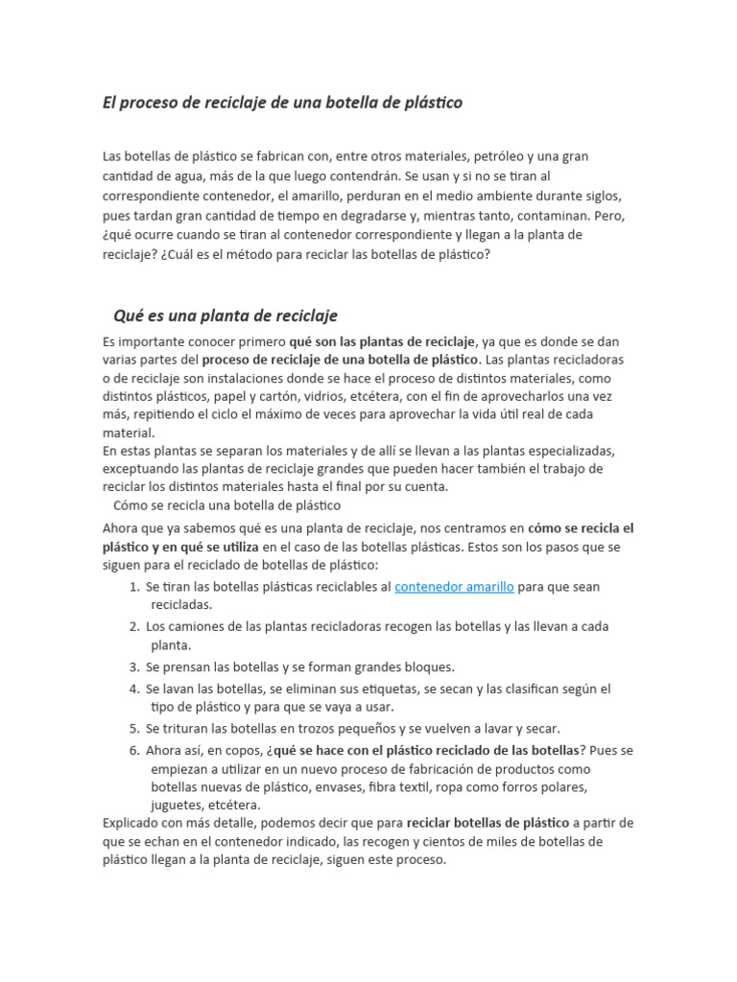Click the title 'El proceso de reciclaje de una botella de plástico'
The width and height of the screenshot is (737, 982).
pyautogui.click(x=282, y=103)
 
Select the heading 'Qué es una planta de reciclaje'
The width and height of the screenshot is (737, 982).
pyautogui.click(x=226, y=316)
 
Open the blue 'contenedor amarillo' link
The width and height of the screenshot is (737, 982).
pyautogui.click(x=454, y=586)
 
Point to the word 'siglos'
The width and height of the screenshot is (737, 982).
pyautogui.click(x=604, y=196)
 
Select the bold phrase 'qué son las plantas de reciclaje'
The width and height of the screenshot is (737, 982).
pyautogui.click(x=382, y=340)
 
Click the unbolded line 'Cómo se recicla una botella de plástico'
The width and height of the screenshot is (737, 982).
pyautogui.click(x=226, y=504)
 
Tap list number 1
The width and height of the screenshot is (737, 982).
pyautogui.click(x=134, y=586)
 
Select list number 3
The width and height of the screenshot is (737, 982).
pyautogui.click(x=134, y=666)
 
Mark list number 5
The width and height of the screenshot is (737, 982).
pyautogui.click(x=134, y=728)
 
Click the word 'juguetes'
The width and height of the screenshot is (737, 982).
pyautogui.click(x=178, y=805)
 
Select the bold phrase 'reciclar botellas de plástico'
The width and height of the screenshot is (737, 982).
pyautogui.click(x=487, y=823)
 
